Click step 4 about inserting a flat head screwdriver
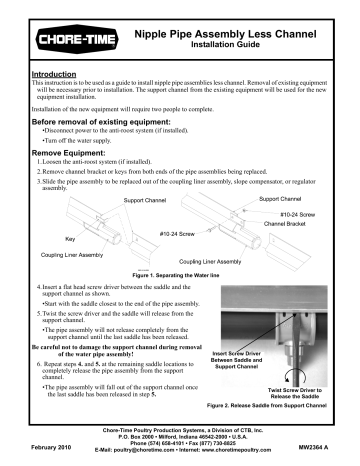[120, 287]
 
